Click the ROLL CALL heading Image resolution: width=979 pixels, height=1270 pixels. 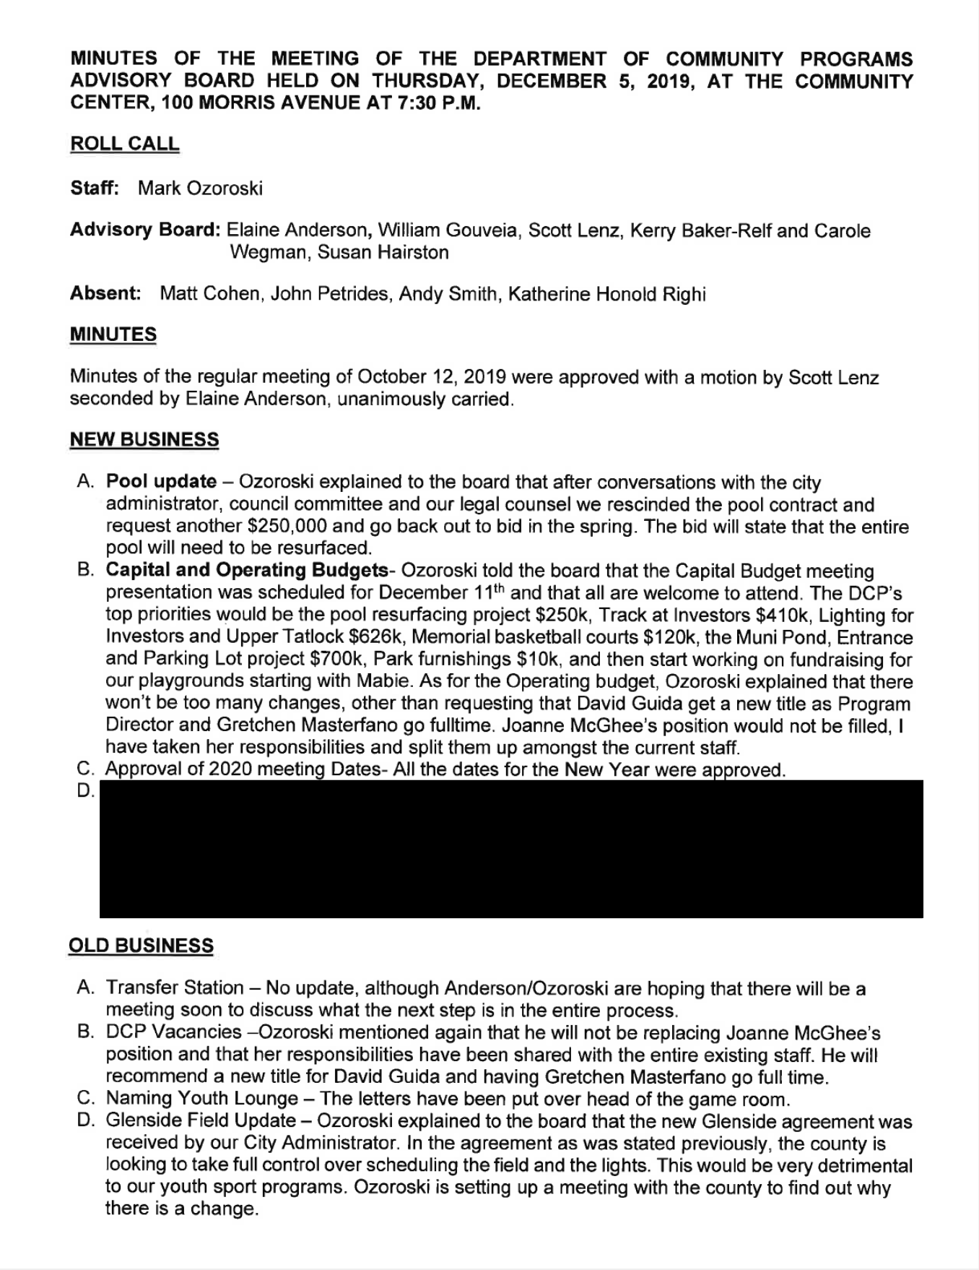click(x=124, y=144)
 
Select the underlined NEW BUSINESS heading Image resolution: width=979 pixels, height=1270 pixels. click(x=144, y=439)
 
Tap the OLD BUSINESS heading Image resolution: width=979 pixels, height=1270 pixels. click(x=141, y=946)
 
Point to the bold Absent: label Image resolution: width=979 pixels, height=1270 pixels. click(x=105, y=294)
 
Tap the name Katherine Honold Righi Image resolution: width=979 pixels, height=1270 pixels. click(x=606, y=294)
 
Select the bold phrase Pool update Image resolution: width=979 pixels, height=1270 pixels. click(x=161, y=482)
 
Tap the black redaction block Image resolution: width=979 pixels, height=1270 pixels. click(x=510, y=849)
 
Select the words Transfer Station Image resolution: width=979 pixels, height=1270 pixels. click(x=175, y=988)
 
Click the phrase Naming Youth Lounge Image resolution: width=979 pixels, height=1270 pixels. click(x=202, y=1099)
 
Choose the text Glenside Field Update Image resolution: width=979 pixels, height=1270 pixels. click(x=201, y=1121)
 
